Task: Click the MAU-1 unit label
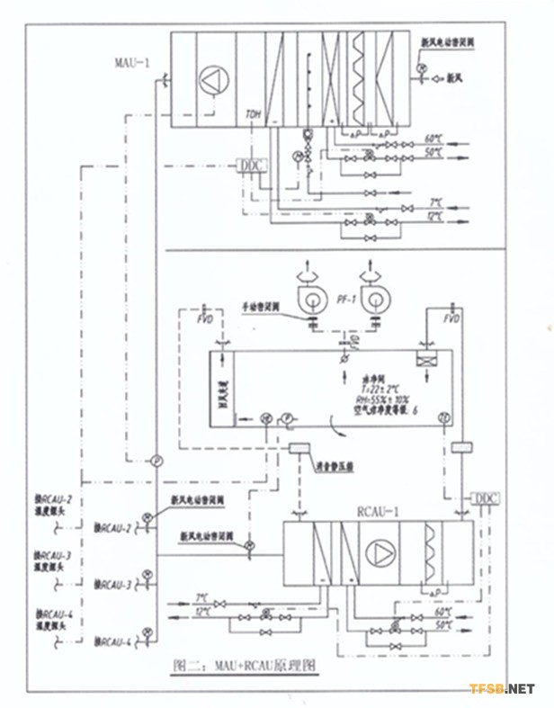(x=134, y=64)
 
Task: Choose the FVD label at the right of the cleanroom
(x=452, y=318)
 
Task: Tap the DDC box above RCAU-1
(x=485, y=497)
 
